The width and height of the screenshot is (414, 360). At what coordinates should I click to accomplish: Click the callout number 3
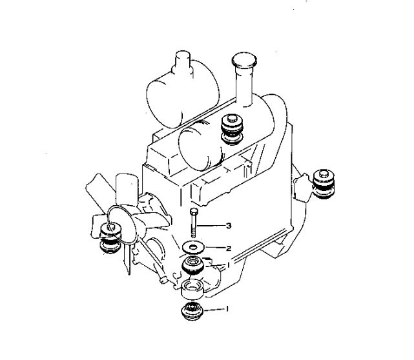pyautogui.click(x=229, y=226)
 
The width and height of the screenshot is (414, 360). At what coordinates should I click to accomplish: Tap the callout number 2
pyautogui.click(x=229, y=248)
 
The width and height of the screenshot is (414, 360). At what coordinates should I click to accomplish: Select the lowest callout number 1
pyautogui.click(x=227, y=308)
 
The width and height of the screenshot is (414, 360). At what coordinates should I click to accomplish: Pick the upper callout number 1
pyautogui.click(x=228, y=265)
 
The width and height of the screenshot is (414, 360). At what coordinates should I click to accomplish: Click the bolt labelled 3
pyautogui.click(x=193, y=223)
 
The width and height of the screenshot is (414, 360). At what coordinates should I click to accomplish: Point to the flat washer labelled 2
pyautogui.click(x=193, y=247)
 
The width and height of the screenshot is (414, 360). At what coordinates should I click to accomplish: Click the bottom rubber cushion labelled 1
pyautogui.click(x=192, y=311)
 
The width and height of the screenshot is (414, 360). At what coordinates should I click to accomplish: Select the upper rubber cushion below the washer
pyautogui.click(x=192, y=266)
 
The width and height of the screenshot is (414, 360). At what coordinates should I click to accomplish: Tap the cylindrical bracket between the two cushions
pyautogui.click(x=192, y=289)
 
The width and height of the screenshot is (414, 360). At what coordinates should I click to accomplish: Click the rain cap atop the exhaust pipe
pyautogui.click(x=244, y=61)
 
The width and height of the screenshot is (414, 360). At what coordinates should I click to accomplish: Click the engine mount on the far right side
pyautogui.click(x=324, y=184)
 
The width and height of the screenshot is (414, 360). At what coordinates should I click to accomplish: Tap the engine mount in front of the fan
pyautogui.click(x=110, y=238)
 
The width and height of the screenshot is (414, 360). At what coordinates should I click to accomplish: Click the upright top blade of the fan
pyautogui.click(x=127, y=189)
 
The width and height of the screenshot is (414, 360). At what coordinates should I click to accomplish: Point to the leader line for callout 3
pyautogui.click(x=210, y=226)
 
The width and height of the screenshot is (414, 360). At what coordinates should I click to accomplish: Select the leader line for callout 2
pyautogui.click(x=214, y=248)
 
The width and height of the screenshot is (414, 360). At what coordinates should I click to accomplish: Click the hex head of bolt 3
pyautogui.click(x=194, y=211)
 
